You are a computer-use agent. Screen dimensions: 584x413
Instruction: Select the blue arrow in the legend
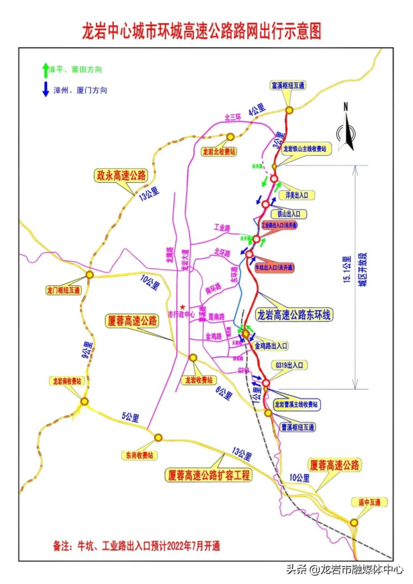coord(45,90)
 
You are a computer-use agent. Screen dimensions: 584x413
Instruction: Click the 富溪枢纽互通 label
coord(288,85)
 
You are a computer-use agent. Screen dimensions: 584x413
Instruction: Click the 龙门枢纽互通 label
coord(64,290)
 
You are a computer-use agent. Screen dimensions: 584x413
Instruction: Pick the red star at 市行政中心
coord(184,306)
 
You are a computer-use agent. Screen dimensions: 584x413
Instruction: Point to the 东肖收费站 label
coord(138,455)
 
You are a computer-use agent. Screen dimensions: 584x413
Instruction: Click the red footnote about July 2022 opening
coord(136,546)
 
